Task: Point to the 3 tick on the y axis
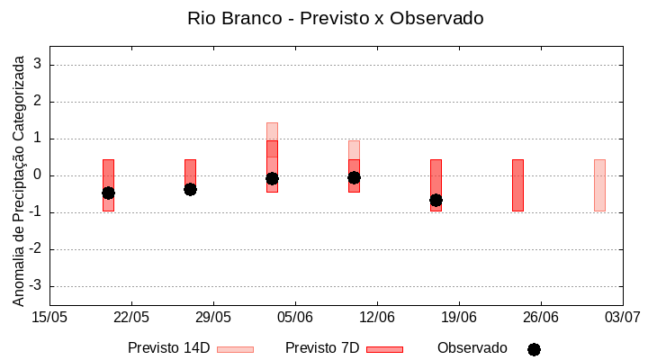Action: click(x=39, y=65)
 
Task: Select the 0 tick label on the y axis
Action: click(x=39, y=175)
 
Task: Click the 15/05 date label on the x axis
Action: click(x=49, y=317)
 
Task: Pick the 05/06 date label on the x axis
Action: click(x=295, y=317)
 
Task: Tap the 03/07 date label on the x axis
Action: click(x=622, y=317)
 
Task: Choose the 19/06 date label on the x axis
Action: click(x=459, y=317)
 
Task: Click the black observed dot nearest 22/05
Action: click(x=108, y=193)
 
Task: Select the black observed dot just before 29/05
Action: click(x=190, y=189)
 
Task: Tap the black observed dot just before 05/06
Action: click(x=272, y=178)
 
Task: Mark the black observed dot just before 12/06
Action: click(x=354, y=177)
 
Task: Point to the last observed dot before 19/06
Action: click(x=436, y=200)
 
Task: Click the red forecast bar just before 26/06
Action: click(x=517, y=184)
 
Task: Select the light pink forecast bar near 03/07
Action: click(x=599, y=184)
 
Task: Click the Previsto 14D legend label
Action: click(x=168, y=348)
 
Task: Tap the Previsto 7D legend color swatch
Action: click(x=384, y=349)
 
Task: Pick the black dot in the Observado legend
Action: click(x=534, y=349)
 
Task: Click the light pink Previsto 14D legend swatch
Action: click(x=235, y=349)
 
